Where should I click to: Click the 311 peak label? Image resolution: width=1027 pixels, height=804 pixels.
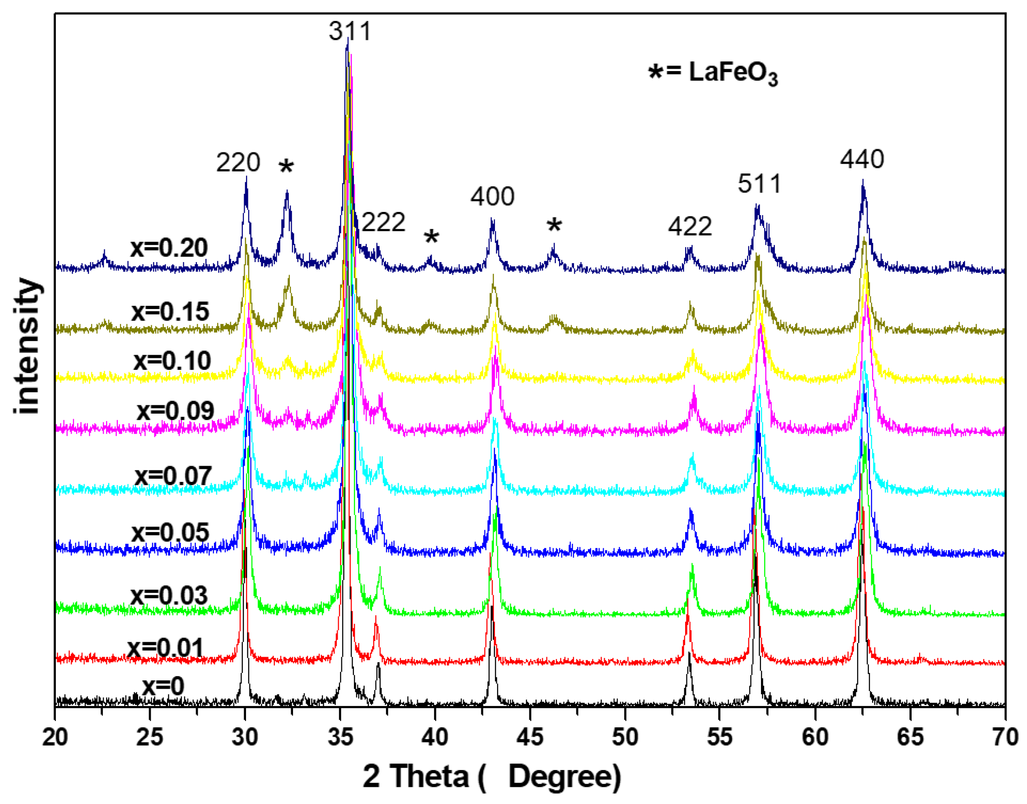click(x=350, y=31)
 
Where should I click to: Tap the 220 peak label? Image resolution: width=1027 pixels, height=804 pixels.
click(x=238, y=162)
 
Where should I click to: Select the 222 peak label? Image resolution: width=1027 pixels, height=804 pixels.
click(x=383, y=222)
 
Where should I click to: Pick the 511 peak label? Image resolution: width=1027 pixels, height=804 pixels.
click(x=759, y=184)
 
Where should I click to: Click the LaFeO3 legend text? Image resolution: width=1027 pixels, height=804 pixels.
click(x=733, y=73)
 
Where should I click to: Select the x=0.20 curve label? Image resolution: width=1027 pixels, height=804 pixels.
click(x=169, y=248)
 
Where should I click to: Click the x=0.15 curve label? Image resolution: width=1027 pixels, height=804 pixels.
click(x=170, y=312)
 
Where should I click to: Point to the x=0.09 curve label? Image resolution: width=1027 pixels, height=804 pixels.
click(x=175, y=410)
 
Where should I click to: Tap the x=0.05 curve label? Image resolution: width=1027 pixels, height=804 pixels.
click(x=170, y=533)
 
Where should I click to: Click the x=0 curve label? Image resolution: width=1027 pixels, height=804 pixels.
click(x=163, y=685)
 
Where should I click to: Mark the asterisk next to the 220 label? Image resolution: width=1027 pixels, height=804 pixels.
click(x=286, y=167)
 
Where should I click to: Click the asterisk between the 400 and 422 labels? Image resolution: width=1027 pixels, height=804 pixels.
click(x=554, y=226)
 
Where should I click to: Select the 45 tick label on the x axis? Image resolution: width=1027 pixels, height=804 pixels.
click(x=529, y=737)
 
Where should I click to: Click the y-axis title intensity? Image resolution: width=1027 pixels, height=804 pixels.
click(x=27, y=346)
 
